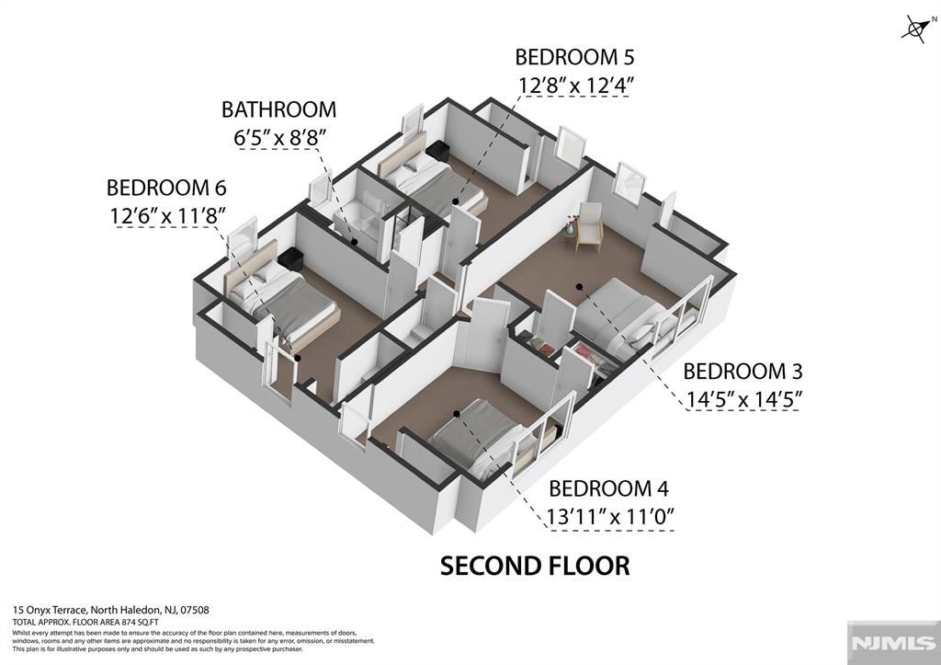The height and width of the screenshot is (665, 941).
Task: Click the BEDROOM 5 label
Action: coord(574,57)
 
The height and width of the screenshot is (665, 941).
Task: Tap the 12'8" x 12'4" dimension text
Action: coord(574,86)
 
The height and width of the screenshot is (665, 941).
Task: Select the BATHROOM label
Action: coord(278,109)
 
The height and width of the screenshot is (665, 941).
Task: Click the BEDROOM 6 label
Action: coord(166,188)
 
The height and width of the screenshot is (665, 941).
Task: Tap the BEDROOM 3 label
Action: coord(743,372)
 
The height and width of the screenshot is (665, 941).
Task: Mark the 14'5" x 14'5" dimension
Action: coord(743,400)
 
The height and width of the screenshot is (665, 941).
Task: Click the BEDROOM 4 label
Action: coord(608,488)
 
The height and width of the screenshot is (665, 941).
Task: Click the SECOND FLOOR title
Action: coord(535,566)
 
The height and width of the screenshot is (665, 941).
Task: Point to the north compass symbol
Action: coord(914,29)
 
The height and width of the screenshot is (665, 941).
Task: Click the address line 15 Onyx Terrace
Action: coord(110,610)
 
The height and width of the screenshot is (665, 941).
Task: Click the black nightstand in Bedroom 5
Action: coord(437,151)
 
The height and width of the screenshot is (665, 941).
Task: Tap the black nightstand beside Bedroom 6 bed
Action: coord(290,258)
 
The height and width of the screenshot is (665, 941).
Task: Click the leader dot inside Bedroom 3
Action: coord(580,286)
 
